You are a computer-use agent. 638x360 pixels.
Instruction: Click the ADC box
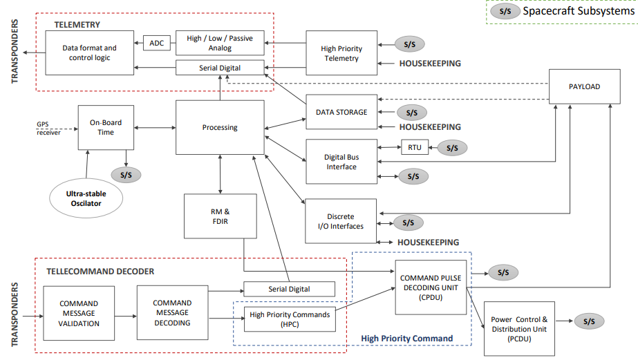156,43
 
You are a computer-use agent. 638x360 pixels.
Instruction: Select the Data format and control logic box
90,53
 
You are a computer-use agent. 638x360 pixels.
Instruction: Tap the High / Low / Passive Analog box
220,44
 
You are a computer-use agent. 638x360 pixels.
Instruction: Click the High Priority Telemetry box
341,53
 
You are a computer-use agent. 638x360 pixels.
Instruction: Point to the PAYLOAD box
584,87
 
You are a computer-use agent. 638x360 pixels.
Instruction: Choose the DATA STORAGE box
341,112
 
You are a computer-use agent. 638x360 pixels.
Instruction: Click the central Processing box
220,127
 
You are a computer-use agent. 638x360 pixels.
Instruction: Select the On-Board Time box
106,127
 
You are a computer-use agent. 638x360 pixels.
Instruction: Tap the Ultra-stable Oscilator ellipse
87,198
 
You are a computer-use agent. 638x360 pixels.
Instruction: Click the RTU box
415,147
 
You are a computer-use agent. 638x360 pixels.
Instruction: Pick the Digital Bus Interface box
341,162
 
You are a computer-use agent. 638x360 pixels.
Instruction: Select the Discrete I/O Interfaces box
341,220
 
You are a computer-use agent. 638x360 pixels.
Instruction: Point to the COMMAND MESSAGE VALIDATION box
79,313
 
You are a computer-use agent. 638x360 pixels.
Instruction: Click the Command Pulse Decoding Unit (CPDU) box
431,287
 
